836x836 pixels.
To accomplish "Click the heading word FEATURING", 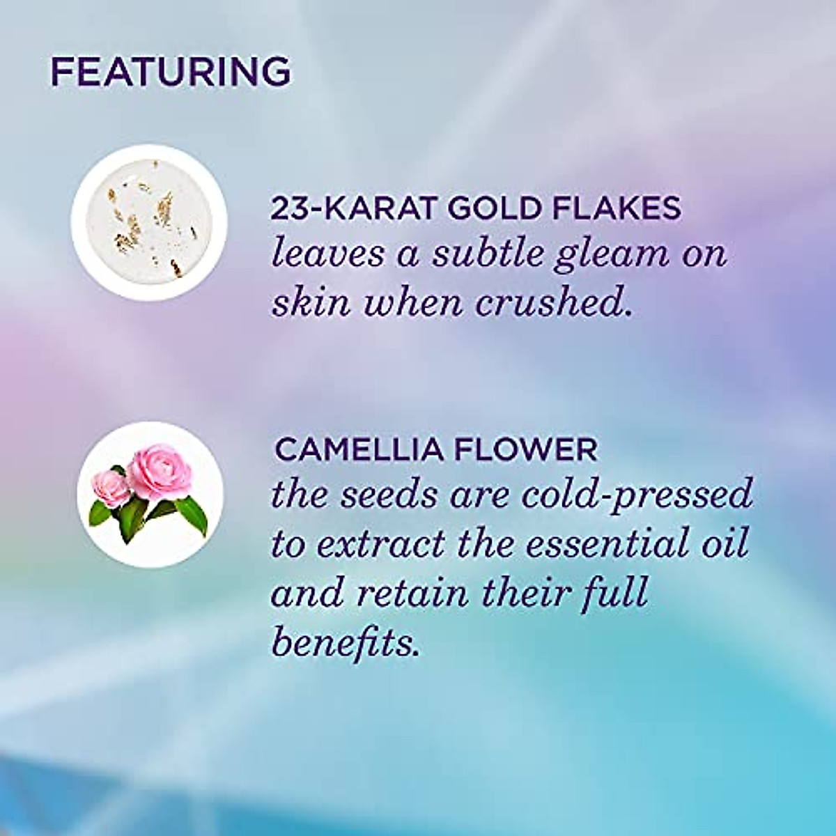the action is (171, 71).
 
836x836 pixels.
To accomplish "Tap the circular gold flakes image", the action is (149, 223).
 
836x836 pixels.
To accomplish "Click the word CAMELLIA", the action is (359, 450).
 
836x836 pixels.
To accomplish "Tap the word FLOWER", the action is (526, 450).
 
